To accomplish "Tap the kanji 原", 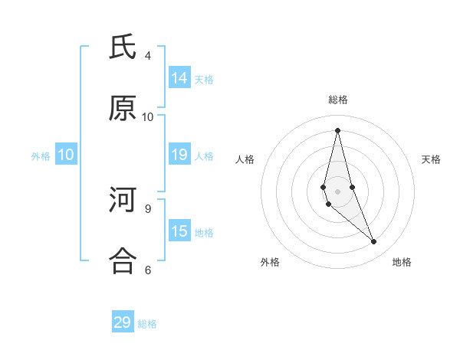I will (x=123, y=109).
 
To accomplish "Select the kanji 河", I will (x=123, y=201).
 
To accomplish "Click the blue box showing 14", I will (x=179, y=78).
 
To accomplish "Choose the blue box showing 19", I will (x=179, y=155).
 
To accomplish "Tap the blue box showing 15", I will (x=179, y=232).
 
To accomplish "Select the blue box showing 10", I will (x=66, y=155).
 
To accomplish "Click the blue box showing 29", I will (x=123, y=322).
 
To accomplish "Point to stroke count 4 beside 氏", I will (x=148, y=56).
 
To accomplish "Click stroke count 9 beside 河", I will (x=148, y=208).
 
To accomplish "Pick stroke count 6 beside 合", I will (x=148, y=270).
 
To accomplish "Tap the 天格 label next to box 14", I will (x=204, y=79).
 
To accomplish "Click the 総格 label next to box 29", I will (x=147, y=323).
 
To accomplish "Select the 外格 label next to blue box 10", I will (x=41, y=156).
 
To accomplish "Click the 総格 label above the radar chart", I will (x=337, y=100).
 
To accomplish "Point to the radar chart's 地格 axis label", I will (x=402, y=262).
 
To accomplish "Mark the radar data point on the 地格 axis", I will (x=374, y=242).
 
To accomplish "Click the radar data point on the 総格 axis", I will (x=337, y=130).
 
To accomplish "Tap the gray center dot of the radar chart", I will (x=337, y=191).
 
